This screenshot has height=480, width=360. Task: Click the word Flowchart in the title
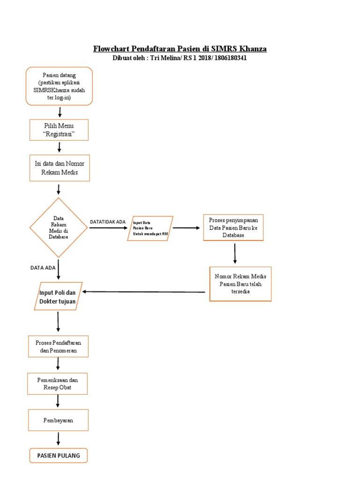pos(112,49)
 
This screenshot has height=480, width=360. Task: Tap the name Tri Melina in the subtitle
pos(165,58)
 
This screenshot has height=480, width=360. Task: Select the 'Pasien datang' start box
pos(59,86)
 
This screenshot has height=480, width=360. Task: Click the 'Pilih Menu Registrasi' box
pos(59,130)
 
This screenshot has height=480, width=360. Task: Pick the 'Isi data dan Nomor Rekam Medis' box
pos(59,168)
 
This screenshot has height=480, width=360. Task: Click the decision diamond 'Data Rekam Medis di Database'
pos(59,227)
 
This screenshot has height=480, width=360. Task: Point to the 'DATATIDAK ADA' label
pos(108,222)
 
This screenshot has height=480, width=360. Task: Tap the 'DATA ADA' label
pos(43,268)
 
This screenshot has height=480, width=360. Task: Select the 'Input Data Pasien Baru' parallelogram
pos(150,228)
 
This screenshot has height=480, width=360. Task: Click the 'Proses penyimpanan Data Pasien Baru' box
pos(233,227)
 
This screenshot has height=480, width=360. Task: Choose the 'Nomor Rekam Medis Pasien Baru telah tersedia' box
pos(240,284)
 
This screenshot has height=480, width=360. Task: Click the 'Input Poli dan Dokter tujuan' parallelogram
pos(58,296)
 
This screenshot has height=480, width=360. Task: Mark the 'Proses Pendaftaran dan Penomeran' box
pos(58,346)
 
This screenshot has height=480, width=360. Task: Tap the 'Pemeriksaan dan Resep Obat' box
pos(58,384)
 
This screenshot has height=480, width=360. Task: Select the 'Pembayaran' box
pos(58,420)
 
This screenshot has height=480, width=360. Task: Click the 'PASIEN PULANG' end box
pos(59,455)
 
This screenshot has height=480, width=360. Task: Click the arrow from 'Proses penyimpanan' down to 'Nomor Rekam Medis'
pos(235,254)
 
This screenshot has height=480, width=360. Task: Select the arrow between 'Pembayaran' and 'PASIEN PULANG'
pos(59,438)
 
